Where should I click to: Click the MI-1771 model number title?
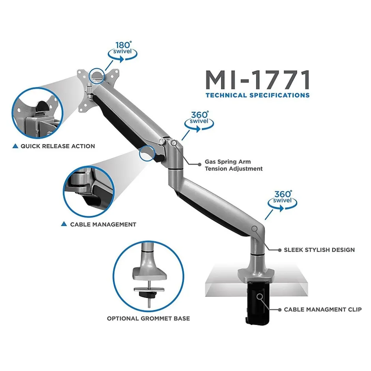click(x=258, y=80)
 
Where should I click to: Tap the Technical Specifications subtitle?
click(x=258, y=96)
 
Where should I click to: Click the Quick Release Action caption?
click(x=58, y=146)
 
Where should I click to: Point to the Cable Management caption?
click(x=103, y=224)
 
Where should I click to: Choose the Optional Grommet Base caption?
click(x=148, y=319)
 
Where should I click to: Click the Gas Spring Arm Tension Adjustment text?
click(x=234, y=165)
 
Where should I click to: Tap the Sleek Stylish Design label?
click(x=319, y=250)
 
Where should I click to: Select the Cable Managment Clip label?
click(x=323, y=309)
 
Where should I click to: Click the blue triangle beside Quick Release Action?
click(x=15, y=146)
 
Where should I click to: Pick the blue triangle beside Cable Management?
click(x=64, y=224)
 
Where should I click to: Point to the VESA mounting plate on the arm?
click(x=98, y=90)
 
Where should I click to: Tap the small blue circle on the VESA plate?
click(x=97, y=75)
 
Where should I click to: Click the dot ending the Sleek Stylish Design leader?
click(x=280, y=250)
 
